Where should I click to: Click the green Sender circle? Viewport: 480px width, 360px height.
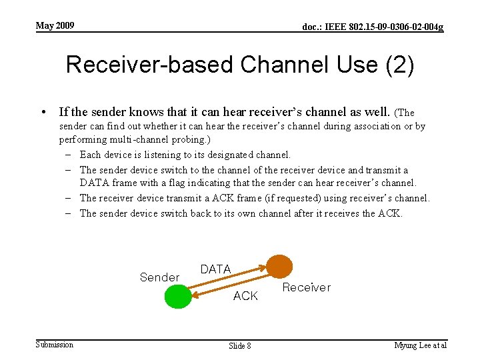click(177, 295)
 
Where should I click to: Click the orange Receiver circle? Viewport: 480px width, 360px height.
click(279, 266)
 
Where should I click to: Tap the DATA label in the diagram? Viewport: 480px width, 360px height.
click(215, 269)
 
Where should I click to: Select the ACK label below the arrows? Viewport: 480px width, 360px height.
click(245, 295)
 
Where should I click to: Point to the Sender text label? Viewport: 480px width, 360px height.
click(159, 277)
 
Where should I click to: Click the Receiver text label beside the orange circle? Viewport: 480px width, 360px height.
click(306, 287)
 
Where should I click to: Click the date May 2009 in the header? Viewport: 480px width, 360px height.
click(55, 26)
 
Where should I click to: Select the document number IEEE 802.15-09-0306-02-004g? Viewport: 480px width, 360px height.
click(373, 27)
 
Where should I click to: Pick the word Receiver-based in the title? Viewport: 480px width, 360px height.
click(151, 65)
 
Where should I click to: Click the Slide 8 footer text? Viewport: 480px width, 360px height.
click(240, 345)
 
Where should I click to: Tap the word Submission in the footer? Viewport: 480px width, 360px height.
click(55, 344)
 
